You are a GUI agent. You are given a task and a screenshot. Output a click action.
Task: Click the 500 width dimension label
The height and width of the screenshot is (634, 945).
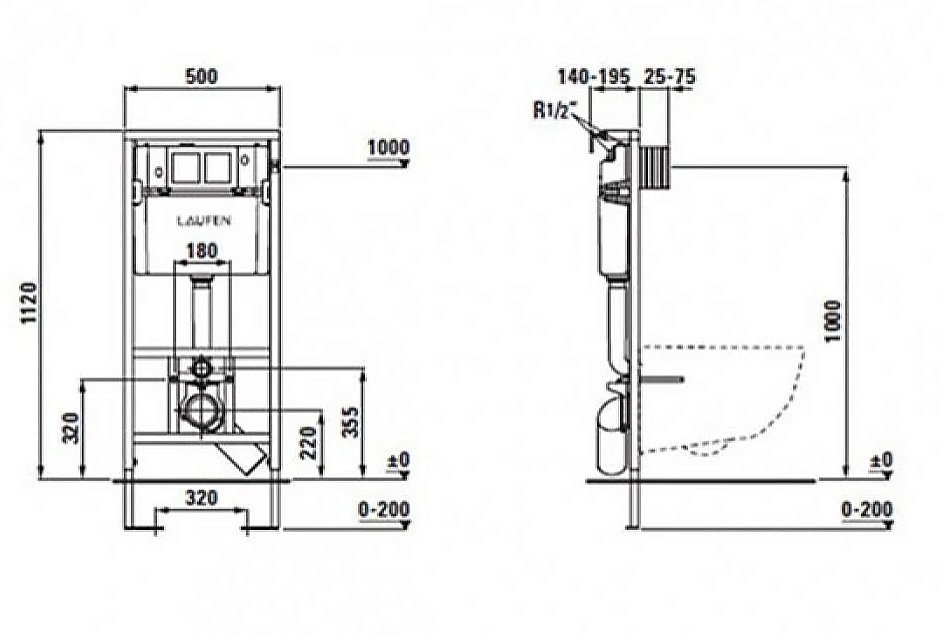click(x=201, y=77)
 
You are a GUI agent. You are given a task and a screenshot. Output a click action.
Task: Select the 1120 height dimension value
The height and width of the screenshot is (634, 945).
click(x=30, y=303)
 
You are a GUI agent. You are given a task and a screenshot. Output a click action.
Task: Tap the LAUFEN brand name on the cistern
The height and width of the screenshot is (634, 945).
click(x=204, y=221)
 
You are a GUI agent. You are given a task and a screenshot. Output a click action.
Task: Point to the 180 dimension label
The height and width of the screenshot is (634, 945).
click(x=201, y=250)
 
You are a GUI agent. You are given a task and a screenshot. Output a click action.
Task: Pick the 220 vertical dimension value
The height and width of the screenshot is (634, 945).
click(x=309, y=442)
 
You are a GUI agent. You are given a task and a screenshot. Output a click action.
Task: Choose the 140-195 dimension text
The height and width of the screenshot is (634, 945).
click(x=594, y=77)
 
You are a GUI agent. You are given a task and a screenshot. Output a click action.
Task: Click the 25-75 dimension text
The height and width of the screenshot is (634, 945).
click(x=670, y=77)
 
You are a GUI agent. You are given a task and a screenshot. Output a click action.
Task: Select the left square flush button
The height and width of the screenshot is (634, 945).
click(x=187, y=167)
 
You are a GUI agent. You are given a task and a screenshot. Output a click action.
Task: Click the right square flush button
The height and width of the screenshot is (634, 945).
click(x=217, y=167)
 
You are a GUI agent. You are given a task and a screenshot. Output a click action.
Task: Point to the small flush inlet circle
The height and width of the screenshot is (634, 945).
click(x=201, y=367)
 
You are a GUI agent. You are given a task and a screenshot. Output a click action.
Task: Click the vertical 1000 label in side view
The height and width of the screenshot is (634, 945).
click(x=832, y=321)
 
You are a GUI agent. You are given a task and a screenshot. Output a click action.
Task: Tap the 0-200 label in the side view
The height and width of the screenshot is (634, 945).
click(x=867, y=509)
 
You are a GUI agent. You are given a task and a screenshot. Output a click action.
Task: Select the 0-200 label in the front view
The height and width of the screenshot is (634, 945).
click(x=384, y=509)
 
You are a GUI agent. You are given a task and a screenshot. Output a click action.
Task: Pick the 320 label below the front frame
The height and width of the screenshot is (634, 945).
click(x=201, y=498)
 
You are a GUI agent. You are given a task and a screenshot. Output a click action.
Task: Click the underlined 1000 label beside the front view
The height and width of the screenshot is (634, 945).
click(x=389, y=147)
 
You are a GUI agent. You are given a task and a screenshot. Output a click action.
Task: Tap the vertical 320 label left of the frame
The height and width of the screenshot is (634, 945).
click(x=72, y=427)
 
